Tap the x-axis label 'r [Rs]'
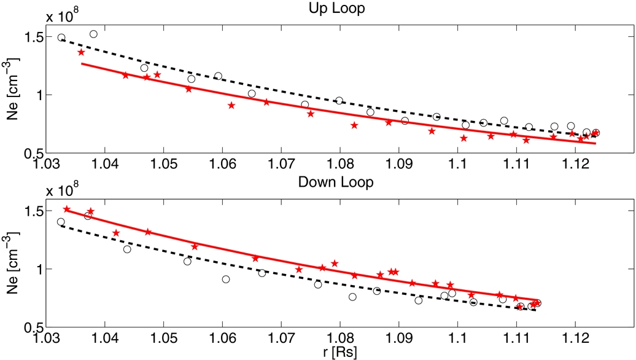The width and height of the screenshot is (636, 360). tap(338, 351)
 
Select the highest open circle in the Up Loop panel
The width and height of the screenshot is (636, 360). tap(93, 34)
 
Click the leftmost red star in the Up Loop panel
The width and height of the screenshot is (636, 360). tap(81, 52)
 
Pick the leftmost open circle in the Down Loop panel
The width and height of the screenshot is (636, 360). tap(61, 222)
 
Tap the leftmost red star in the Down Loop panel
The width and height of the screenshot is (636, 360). tap(67, 209)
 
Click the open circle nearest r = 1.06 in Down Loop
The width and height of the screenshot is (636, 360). tap(226, 280)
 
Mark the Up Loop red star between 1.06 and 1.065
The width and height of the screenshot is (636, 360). tap(231, 106)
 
